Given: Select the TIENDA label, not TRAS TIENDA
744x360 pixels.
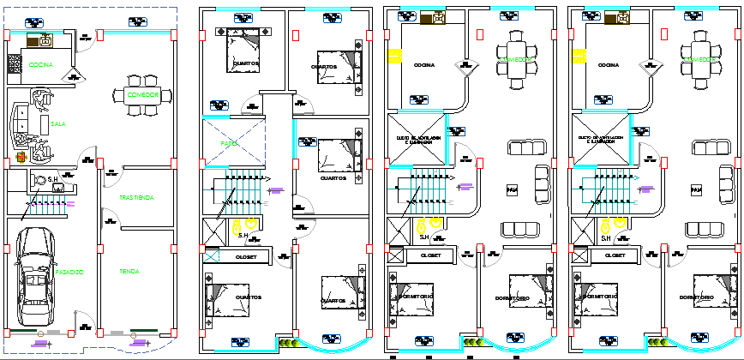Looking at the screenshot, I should [x=130, y=271].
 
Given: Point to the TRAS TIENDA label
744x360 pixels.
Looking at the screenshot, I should [x=136, y=198].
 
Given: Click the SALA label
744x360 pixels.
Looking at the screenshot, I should [x=58, y=124].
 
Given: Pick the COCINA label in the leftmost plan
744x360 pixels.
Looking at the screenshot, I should [x=40, y=64].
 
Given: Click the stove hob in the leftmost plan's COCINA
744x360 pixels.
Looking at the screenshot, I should [x=14, y=63].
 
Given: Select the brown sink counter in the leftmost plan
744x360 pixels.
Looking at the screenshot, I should [x=40, y=40].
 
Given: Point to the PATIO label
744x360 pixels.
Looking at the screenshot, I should [x=229, y=143].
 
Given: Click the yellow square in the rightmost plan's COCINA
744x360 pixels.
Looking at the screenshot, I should [x=579, y=57].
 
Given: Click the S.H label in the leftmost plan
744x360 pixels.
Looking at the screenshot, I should [x=53, y=179].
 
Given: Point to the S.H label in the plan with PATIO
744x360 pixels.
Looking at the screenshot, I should [x=243, y=236].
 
